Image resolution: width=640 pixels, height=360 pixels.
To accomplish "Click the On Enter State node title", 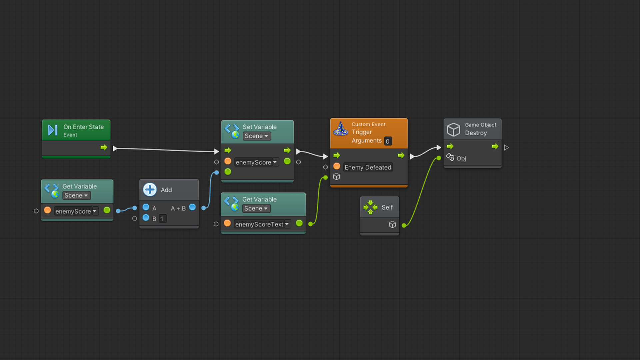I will click(x=83, y=127).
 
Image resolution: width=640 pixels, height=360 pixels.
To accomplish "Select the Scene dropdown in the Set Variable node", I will click(x=257, y=136).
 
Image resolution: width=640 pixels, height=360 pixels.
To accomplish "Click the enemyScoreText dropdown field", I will click(x=262, y=224).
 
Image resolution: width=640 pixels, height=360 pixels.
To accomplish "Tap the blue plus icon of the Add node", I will click(x=150, y=190).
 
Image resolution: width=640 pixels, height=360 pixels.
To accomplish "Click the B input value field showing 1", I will click(x=162, y=219).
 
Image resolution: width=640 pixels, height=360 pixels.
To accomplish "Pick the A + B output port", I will click(x=192, y=207).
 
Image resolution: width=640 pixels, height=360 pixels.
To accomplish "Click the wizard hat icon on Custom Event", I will click(x=341, y=129).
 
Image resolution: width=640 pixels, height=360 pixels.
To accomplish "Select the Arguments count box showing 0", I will click(x=388, y=141).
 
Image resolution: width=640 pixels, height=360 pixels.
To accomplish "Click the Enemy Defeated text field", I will click(x=368, y=167).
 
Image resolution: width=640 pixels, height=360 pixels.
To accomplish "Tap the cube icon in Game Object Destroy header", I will click(x=454, y=129).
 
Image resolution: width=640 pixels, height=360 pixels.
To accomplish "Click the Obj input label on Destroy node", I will click(x=461, y=159).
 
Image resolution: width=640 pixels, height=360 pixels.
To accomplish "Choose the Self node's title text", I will click(x=387, y=207).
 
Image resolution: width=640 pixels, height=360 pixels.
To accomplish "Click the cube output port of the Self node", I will click(x=392, y=225).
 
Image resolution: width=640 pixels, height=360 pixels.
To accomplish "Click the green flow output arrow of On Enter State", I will click(x=104, y=147).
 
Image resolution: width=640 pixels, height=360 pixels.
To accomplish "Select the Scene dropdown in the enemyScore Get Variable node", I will click(x=76, y=196).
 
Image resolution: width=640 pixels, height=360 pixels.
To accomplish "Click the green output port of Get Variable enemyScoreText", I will click(x=299, y=223).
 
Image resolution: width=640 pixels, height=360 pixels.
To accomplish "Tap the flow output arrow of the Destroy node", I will click(x=495, y=147).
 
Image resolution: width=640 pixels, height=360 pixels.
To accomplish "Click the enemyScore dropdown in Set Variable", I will click(x=256, y=163).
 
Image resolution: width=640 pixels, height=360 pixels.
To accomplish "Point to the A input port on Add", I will click(x=146, y=207).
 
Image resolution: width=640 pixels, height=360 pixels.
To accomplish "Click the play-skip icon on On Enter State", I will click(x=53, y=130).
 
